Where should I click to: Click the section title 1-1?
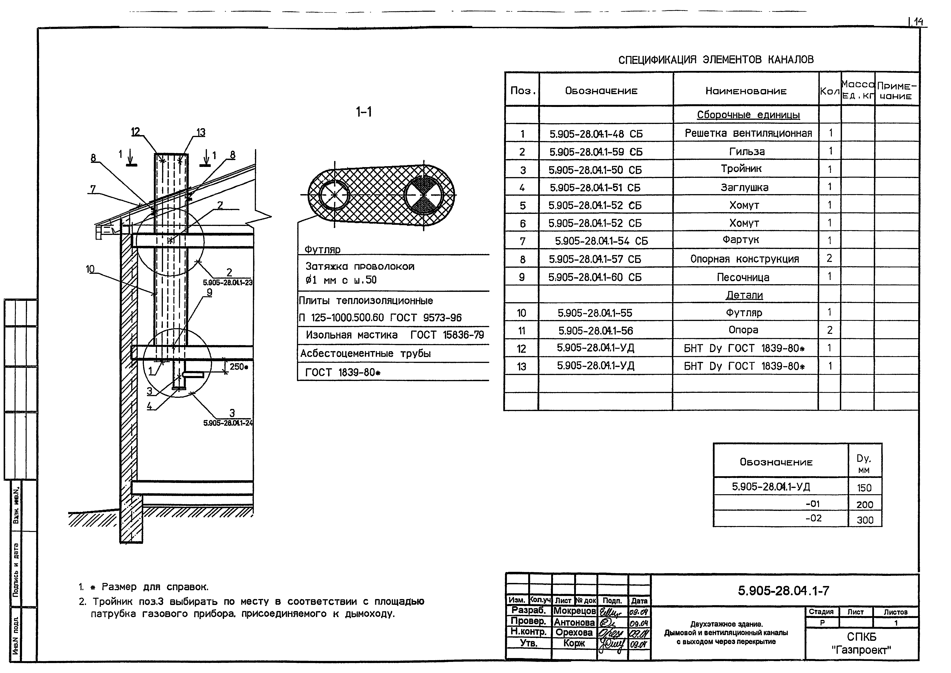click(364, 112)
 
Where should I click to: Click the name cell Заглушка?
click(744, 187)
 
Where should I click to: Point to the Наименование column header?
click(746, 91)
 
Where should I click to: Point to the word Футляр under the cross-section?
click(322, 250)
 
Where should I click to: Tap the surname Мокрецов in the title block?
click(575, 611)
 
